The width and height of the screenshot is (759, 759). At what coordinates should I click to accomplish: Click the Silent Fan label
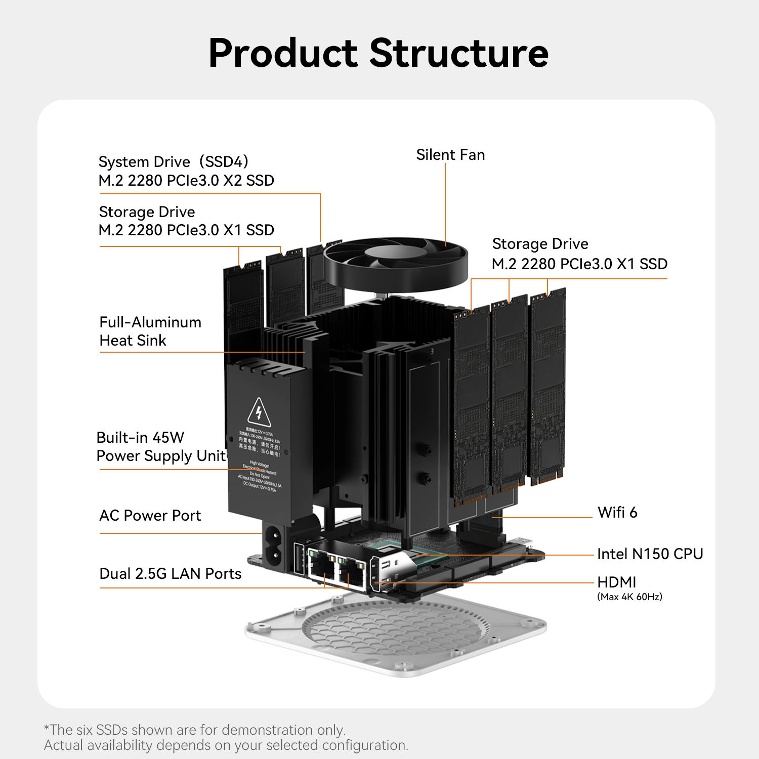[450, 155]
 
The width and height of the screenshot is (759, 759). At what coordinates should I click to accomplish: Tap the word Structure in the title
[459, 53]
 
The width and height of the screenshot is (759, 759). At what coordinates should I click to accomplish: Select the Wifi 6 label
[617, 513]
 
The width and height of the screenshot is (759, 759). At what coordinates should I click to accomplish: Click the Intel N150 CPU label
[650, 554]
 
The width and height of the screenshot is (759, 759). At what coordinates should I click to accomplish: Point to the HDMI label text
[616, 582]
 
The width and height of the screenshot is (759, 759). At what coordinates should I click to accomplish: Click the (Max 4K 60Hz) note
[629, 597]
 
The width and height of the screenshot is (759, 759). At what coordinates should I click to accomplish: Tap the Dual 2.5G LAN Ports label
[171, 574]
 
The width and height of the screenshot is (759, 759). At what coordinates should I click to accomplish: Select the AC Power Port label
[150, 516]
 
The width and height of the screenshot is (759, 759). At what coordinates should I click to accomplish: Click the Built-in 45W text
[140, 438]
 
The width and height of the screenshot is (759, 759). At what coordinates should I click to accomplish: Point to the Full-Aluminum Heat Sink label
[150, 331]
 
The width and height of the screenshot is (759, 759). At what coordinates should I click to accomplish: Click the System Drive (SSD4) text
[174, 162]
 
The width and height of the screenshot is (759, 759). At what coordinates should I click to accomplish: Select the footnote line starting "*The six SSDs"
[195, 730]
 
